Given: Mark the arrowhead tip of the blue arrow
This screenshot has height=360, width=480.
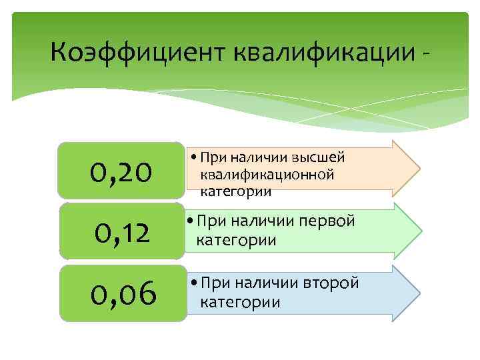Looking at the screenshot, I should [420, 293].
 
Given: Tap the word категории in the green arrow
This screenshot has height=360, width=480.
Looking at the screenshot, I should [233, 240].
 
